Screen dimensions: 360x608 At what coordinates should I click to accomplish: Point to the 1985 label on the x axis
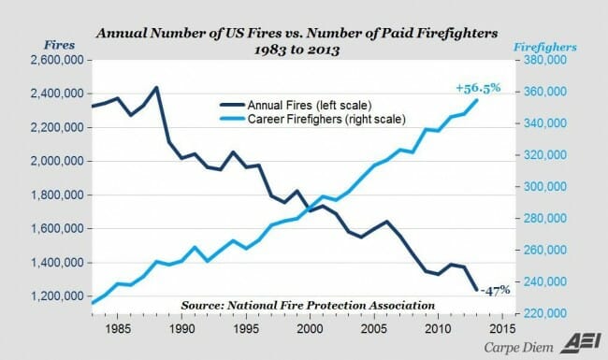(117, 329)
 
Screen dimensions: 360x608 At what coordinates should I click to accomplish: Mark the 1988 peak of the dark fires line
(156, 87)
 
